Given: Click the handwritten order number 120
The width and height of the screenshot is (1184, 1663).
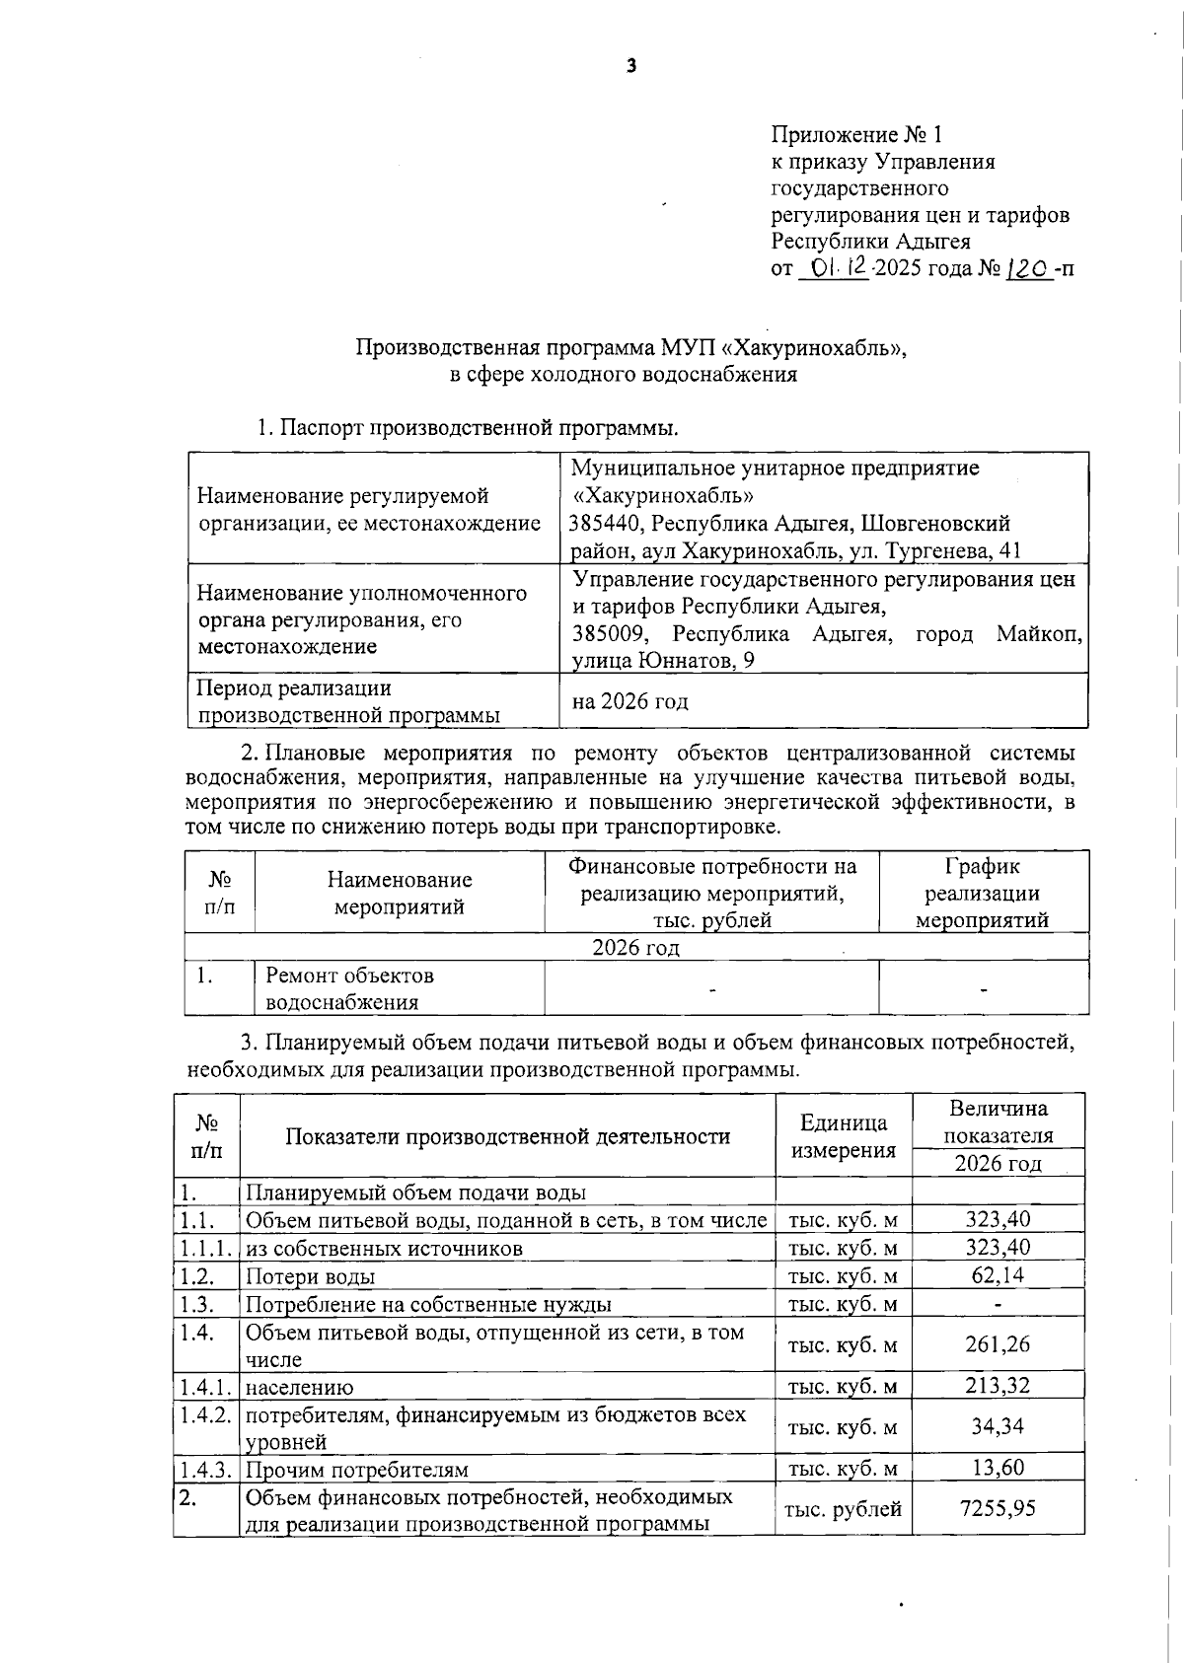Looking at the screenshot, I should click(x=1027, y=267).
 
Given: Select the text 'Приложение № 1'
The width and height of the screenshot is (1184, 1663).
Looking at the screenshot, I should click(x=856, y=135).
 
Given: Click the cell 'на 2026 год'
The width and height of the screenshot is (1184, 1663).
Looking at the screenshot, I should click(x=629, y=701).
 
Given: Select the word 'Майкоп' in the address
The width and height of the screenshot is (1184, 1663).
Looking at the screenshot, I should click(x=1038, y=633).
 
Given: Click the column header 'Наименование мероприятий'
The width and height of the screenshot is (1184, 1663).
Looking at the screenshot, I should click(x=400, y=893).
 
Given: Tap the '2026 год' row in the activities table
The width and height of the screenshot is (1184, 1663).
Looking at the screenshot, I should click(x=635, y=948).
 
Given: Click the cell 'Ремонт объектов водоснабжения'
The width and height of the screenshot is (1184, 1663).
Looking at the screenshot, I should click(x=349, y=988).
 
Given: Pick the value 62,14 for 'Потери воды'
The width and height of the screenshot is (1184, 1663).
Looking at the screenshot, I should click(x=998, y=1275).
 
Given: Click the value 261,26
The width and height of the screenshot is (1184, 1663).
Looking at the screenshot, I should click(x=998, y=1344).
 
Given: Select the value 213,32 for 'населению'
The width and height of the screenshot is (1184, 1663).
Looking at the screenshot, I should click(x=998, y=1386).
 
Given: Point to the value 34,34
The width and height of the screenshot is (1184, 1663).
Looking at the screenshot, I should click(x=998, y=1426).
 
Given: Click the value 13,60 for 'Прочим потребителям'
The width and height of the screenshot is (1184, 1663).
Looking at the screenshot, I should click(x=998, y=1468).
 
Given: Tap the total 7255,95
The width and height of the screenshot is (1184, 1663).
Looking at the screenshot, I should click(x=998, y=1508).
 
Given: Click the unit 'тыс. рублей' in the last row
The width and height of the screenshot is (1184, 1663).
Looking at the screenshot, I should click(x=843, y=1509).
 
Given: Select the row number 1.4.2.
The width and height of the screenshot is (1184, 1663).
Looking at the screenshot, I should click(x=206, y=1414).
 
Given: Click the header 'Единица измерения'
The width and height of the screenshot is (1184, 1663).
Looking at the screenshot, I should click(x=843, y=1136).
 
